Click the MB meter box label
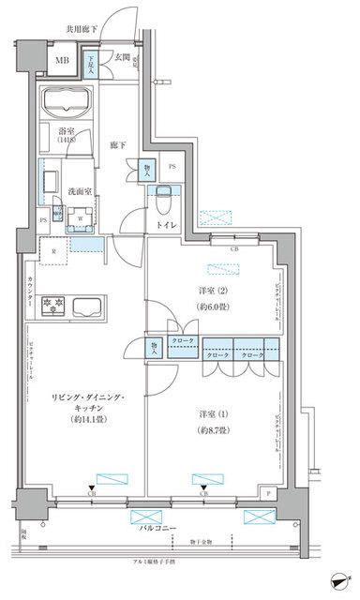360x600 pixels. point(61,62)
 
